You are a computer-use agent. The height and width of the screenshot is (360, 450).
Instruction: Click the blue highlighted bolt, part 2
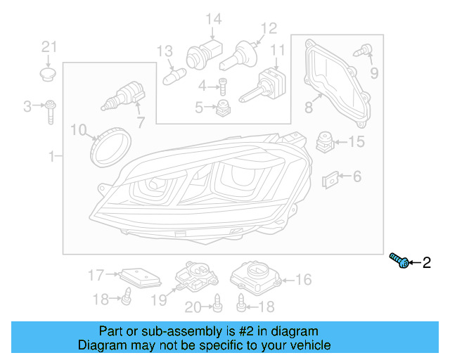pos(400,262)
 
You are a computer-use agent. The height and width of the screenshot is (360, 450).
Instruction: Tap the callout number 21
pos(48,47)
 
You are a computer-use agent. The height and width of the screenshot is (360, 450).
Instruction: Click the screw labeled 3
pos(51,110)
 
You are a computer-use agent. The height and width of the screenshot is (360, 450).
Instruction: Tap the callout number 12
pos(269,29)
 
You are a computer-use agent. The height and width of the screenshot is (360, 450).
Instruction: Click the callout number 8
pos(308,108)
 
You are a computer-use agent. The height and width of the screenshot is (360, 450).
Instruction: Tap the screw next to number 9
pos(364,51)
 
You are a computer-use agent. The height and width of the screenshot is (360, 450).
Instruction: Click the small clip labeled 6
pos(331,180)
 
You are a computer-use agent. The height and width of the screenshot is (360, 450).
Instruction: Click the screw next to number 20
pos(217,303)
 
